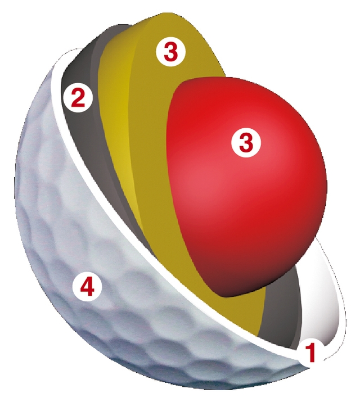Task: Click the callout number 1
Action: click(x=310, y=354)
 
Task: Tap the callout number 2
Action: click(x=78, y=99)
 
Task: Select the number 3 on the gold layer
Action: click(x=171, y=52)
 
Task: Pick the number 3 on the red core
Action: click(x=246, y=142)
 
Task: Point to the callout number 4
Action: click(x=87, y=287)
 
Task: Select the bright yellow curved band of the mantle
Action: click(x=120, y=115)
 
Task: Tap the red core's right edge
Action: click(x=326, y=179)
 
